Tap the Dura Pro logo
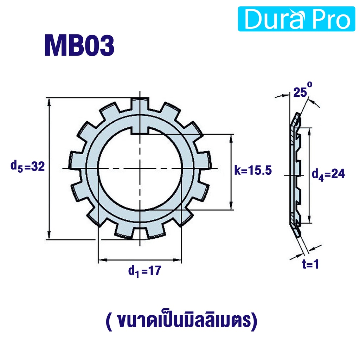point(296,19)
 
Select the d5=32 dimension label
point(27,166)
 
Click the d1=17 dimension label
point(144,271)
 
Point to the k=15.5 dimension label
point(253,171)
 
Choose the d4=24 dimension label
point(328,174)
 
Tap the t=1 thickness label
point(311,264)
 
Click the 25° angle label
point(303,91)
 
